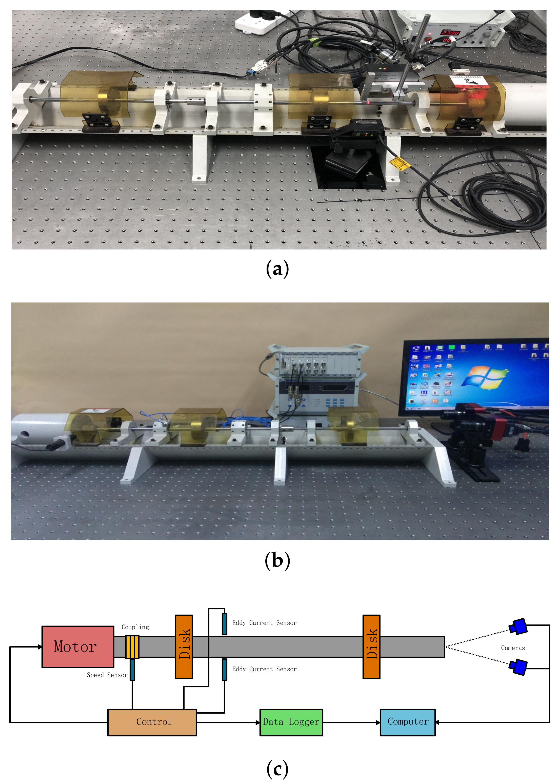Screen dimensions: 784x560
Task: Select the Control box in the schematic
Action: tap(152, 722)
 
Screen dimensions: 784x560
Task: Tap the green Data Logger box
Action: tap(291, 722)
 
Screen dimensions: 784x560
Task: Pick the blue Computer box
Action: tap(408, 722)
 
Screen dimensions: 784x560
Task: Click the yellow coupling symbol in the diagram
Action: tap(132, 647)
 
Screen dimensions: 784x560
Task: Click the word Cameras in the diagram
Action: tap(513, 648)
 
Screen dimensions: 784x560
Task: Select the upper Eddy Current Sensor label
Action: tap(264, 623)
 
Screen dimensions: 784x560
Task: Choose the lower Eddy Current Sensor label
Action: tap(264, 669)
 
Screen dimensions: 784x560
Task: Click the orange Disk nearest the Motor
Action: tap(184, 647)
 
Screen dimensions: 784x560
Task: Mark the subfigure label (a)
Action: tap(277, 269)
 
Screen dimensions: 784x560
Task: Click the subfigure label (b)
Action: tap(277, 560)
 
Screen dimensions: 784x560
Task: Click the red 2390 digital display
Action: tap(451, 33)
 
